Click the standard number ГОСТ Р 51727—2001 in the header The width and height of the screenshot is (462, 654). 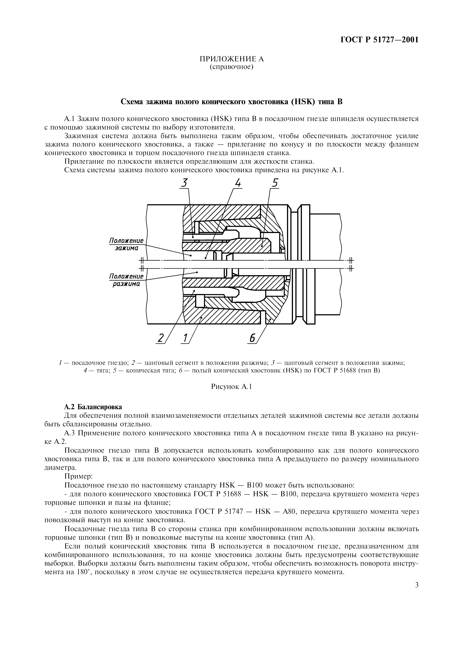click(x=380, y=40)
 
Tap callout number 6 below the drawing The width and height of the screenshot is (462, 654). click(x=252, y=338)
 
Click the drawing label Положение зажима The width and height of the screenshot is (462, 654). click(x=126, y=244)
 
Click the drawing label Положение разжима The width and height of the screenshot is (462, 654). click(x=126, y=280)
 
